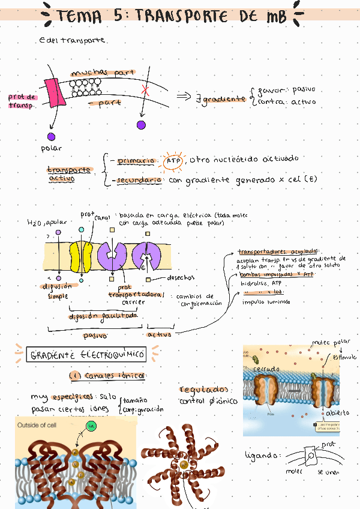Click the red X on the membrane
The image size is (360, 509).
pyautogui.click(x=145, y=90)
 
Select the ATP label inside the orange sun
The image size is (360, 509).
pyautogui.click(x=173, y=160)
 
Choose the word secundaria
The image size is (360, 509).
pyautogui.click(x=139, y=179)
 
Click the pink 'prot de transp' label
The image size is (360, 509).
pyautogui.click(x=22, y=101)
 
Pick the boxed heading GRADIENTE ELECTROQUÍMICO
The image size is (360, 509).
pyautogui.click(x=88, y=355)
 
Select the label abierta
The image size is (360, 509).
pyautogui.click(x=337, y=414)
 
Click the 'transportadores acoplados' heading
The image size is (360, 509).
pyautogui.click(x=278, y=252)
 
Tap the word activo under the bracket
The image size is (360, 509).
pyautogui.click(x=159, y=334)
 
